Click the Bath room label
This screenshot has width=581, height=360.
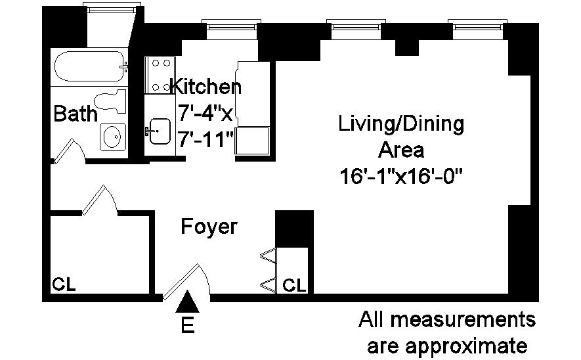(75, 114)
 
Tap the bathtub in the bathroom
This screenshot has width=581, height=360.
(89, 66)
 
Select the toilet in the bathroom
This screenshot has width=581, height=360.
(110, 101)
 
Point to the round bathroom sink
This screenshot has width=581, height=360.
(113, 137)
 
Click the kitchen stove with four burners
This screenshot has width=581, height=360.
(160, 75)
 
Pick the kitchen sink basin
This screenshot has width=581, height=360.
(160, 131)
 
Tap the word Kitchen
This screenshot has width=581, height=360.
(206, 86)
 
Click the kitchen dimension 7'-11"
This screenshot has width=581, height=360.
(206, 140)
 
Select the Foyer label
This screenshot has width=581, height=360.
(209, 227)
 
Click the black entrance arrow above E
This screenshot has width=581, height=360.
(188, 301)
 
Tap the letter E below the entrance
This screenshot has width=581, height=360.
(188, 325)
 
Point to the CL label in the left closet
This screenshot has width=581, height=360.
(64, 284)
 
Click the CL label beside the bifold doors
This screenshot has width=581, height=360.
(294, 286)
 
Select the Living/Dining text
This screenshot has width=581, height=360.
(401, 124)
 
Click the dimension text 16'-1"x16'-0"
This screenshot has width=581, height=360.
(401, 177)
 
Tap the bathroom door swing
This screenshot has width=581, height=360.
(70, 151)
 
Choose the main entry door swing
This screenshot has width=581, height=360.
(186, 282)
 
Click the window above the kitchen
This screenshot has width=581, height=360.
(231, 29)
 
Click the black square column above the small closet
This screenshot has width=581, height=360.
(295, 229)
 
